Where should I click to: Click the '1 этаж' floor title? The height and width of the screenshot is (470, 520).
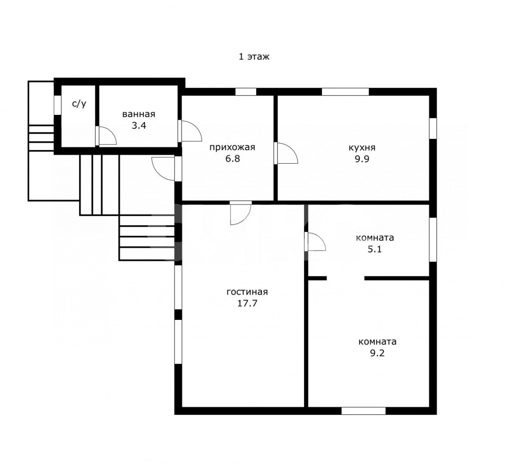tap(254, 57)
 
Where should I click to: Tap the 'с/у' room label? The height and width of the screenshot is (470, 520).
tap(79, 104)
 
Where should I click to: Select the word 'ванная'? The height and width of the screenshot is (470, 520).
tap(139, 114)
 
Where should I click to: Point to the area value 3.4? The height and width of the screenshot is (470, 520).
tap(139, 126)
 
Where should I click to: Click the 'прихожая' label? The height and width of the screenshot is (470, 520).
tap(232, 147)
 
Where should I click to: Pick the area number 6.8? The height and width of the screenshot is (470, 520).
tap(232, 158)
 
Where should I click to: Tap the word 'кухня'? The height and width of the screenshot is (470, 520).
tap(362, 148)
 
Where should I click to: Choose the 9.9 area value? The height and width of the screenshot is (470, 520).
tap(362, 159)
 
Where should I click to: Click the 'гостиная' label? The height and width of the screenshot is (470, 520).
tap(247, 292)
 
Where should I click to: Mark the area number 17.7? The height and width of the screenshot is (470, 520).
tap(247, 303)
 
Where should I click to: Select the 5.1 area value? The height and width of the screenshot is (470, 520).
tap(375, 249)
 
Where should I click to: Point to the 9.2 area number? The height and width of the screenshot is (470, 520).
tap(377, 353)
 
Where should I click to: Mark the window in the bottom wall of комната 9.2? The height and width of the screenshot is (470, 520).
tap(363, 411)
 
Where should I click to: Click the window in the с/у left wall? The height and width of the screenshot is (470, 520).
tap(57, 105)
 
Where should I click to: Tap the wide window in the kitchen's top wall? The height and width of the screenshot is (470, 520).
tap(345, 91)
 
